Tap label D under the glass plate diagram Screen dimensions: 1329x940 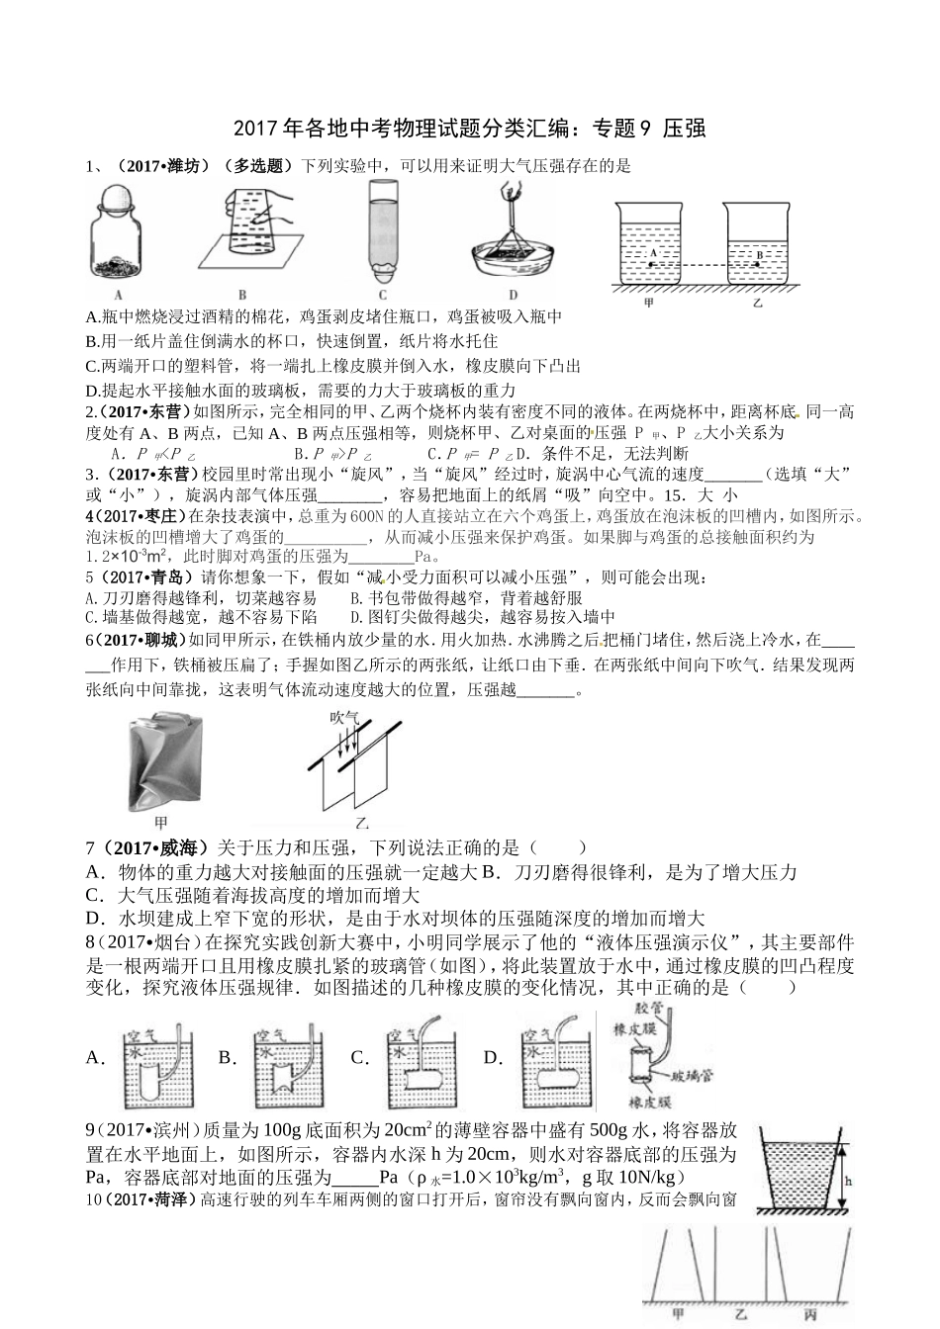(x=514, y=294)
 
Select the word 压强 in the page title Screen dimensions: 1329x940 (x=684, y=128)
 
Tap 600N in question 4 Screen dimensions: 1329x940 (x=366, y=516)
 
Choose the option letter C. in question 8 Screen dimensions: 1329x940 (x=360, y=1058)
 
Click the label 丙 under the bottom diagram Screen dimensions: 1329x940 (x=810, y=1316)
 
